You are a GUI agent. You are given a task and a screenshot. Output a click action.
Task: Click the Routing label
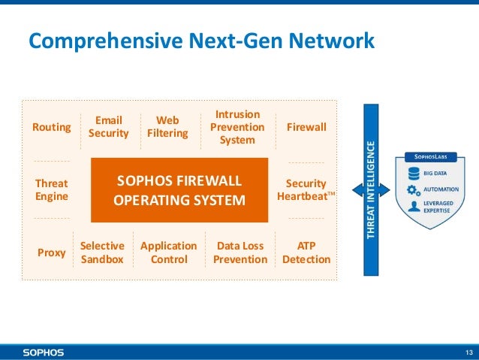point(51,127)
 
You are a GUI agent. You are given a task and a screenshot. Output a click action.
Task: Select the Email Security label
point(109,127)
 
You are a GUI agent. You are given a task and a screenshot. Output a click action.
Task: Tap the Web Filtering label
point(167,127)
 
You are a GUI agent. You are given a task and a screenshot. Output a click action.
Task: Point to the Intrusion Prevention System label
point(237,127)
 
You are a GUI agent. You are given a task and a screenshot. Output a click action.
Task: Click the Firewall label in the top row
point(306,127)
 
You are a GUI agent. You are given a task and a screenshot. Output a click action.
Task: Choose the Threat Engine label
point(52,190)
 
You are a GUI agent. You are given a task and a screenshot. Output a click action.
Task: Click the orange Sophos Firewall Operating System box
point(179,191)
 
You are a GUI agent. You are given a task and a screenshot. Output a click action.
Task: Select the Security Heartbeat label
point(306,190)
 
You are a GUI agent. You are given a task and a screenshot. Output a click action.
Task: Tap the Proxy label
point(52,253)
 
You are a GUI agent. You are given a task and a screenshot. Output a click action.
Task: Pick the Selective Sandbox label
point(102,253)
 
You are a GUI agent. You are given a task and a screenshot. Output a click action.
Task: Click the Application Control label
point(169,253)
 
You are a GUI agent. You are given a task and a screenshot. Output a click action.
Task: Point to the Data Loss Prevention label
point(240,253)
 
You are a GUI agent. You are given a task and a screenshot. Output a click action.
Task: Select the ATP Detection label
point(306,253)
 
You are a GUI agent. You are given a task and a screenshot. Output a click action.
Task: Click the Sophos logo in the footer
point(43,352)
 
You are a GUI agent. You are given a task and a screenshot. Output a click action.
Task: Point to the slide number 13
point(468,352)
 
